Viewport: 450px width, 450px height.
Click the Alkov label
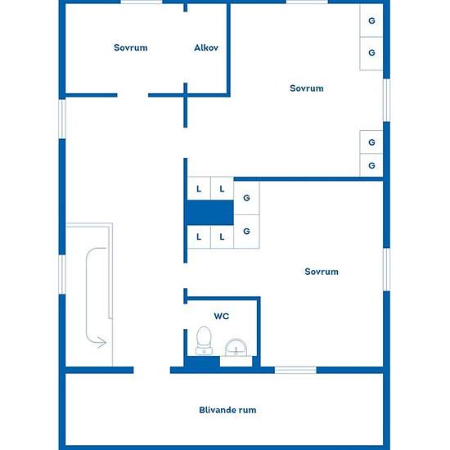coord(206,47)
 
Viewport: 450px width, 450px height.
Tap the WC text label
coord(221,317)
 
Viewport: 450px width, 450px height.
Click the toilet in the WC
coord(204,340)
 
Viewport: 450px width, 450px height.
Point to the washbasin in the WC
coord(236,348)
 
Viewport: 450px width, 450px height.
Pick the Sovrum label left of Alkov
coord(131,47)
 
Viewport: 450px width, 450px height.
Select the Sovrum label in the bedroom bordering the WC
coord(322,272)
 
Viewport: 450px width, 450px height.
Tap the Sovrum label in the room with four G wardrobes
coord(307,88)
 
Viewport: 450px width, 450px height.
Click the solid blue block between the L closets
coord(210,213)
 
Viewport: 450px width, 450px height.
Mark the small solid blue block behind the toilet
coord(202,362)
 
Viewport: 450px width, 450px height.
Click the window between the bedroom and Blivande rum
coord(295,370)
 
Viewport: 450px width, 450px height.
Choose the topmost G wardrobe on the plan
coord(371,20)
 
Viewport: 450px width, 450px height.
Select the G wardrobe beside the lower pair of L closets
coord(246,232)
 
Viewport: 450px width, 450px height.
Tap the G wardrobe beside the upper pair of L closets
coord(246,198)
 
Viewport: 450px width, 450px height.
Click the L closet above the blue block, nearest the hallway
coord(199,189)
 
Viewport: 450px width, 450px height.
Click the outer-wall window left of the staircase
coord(62,275)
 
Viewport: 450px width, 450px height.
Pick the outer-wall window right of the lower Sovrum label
coord(386,269)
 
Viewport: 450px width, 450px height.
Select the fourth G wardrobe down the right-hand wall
coord(371,165)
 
